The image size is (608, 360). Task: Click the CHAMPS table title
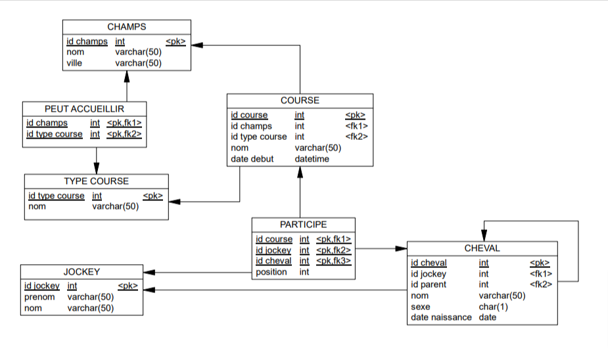126,27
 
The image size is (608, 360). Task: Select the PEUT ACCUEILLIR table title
84,108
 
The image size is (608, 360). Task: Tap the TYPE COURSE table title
96,181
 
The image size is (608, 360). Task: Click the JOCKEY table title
82,271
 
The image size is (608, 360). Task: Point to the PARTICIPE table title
303,225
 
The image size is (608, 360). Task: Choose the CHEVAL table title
482,248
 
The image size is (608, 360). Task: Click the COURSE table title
300,101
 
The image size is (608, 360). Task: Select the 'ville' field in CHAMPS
74,63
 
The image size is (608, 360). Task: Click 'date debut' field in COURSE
252,158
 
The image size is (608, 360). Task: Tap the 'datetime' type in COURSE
312,158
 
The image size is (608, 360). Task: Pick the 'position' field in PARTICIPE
271,272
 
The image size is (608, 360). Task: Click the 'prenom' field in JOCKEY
39,297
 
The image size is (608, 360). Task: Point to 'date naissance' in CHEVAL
441,317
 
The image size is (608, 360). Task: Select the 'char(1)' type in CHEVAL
492,307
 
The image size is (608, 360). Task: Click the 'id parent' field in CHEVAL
429,284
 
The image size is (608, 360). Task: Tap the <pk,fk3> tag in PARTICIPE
333,261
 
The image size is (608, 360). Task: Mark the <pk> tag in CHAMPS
175,41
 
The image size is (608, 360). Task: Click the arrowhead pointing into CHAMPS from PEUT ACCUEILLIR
127,76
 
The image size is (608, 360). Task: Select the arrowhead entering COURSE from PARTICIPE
300,172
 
